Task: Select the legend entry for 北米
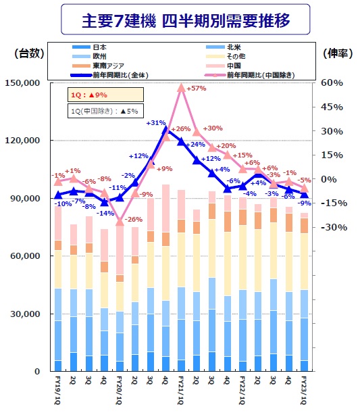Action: click(235, 48)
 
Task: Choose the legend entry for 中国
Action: click(235, 66)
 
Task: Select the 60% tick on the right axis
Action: click(333, 83)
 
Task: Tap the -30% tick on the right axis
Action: click(335, 227)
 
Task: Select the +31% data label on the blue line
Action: click(155, 123)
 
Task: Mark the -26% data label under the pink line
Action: click(134, 220)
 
